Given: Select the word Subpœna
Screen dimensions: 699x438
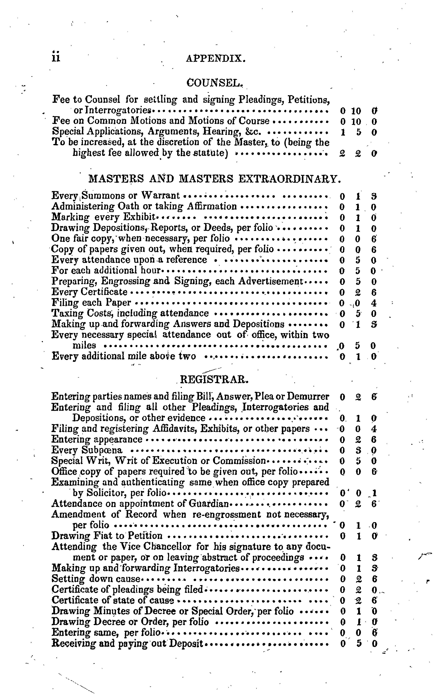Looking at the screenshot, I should click(102, 450).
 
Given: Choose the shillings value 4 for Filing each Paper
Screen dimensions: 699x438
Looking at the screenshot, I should click(374, 303).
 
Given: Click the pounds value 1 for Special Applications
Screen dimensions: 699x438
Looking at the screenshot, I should click(343, 132).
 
